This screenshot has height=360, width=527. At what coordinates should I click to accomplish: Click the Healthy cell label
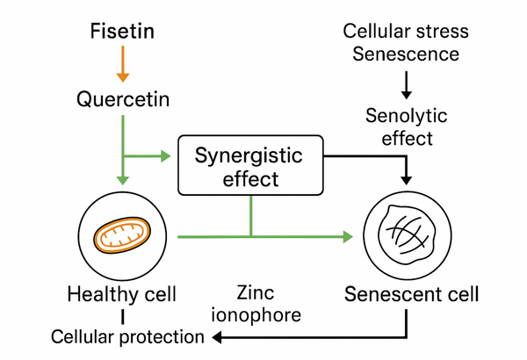tap(122, 293)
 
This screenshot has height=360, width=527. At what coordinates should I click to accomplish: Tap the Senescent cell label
tap(412, 293)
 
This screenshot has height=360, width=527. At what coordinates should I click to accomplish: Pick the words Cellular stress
tap(406, 32)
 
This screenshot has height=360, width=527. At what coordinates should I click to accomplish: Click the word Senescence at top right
tap(406, 54)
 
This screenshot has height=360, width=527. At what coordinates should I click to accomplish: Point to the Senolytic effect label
tap(406, 126)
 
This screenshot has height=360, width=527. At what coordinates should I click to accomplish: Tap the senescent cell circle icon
tap(405, 236)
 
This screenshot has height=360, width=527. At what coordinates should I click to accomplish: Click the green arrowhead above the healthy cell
tap(123, 180)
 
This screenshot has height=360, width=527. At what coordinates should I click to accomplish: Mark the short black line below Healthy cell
tap(123, 315)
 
